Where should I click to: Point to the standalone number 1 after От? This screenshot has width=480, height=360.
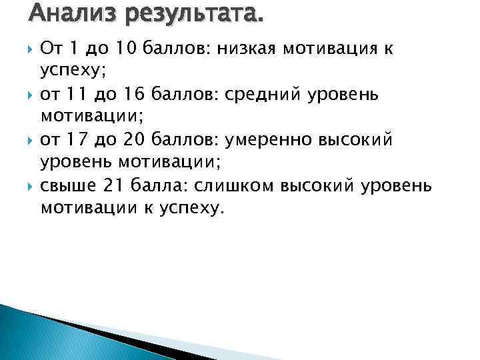(x=74, y=48)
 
